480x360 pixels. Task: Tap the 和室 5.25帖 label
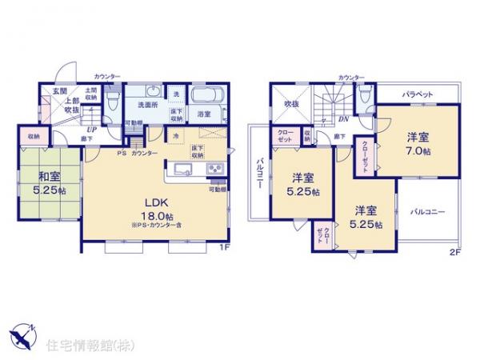[x=49, y=183]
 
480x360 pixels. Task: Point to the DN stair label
[x=342, y=120]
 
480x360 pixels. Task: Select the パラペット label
[x=418, y=94]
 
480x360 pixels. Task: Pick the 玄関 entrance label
[x=60, y=90]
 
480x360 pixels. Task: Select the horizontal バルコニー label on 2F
[x=428, y=212]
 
